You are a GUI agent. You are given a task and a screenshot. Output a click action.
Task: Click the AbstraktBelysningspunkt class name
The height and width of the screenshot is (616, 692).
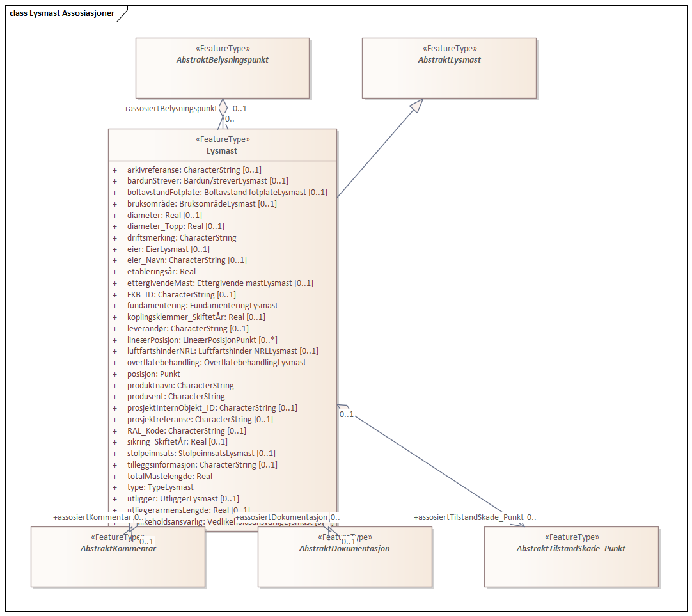[x=222, y=59]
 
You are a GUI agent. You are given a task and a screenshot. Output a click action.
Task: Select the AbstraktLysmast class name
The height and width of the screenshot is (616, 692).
[x=449, y=59]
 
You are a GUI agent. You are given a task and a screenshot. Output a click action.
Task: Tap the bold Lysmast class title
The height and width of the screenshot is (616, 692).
[x=222, y=151]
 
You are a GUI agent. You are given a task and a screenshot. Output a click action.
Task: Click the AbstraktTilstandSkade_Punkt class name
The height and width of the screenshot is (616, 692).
[x=570, y=548]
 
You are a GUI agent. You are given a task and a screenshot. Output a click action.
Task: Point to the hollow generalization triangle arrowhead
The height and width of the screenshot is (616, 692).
[x=416, y=107]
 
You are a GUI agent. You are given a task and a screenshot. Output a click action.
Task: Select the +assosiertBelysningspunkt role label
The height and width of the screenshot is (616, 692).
[x=170, y=109]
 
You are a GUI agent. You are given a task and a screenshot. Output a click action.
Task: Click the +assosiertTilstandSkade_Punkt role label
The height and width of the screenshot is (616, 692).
[x=469, y=517]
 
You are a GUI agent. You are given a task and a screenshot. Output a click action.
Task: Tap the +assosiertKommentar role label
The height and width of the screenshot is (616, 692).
[x=93, y=517]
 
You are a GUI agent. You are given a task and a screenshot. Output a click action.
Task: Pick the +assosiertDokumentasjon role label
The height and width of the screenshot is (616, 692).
[x=281, y=517]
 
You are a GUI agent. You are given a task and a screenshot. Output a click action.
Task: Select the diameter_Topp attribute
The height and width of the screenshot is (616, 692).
[x=175, y=226]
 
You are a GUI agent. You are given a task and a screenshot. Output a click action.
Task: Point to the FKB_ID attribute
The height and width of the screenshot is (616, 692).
[x=181, y=294]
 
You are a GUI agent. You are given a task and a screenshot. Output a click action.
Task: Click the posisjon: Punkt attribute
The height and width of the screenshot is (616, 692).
[x=153, y=374]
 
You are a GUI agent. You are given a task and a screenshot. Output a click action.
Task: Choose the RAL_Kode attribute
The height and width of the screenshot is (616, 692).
[x=186, y=430]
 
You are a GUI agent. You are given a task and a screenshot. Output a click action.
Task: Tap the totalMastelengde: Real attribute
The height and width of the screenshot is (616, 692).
[x=169, y=476]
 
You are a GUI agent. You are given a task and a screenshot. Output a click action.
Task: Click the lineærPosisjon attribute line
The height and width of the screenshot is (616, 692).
[x=201, y=340]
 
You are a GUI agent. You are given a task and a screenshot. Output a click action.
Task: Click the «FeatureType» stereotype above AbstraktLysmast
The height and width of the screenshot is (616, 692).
[x=449, y=48]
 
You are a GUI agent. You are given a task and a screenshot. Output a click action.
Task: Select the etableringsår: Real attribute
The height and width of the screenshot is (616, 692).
[x=161, y=272]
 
